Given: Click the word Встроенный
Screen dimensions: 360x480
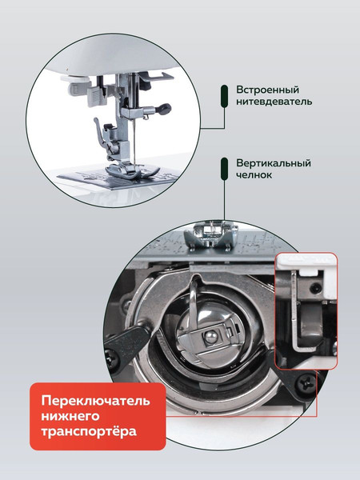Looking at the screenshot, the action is point(267,90).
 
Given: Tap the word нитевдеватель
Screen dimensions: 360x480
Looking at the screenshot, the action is point(274,101).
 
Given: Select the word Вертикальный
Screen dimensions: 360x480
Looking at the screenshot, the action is point(274,163).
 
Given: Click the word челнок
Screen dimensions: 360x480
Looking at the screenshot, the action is point(254,174).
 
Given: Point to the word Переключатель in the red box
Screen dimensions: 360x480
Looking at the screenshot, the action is point(95,401).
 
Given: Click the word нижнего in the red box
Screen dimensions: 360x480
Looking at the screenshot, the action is point(70,416).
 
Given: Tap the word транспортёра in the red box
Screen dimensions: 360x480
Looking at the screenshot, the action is point(89,431).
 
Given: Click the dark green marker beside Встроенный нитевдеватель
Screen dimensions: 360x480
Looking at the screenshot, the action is point(224,96).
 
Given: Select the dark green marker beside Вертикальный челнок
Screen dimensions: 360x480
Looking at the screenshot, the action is point(224,169).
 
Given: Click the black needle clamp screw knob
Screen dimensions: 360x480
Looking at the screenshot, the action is point(164,109).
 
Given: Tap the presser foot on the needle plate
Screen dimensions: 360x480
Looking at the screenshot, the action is point(132,170).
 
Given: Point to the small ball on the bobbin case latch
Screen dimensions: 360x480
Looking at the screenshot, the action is point(210,337).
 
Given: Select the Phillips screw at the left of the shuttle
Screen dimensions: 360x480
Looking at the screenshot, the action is point(112,358).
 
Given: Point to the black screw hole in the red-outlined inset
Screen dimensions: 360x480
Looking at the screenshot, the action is point(315,288).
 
